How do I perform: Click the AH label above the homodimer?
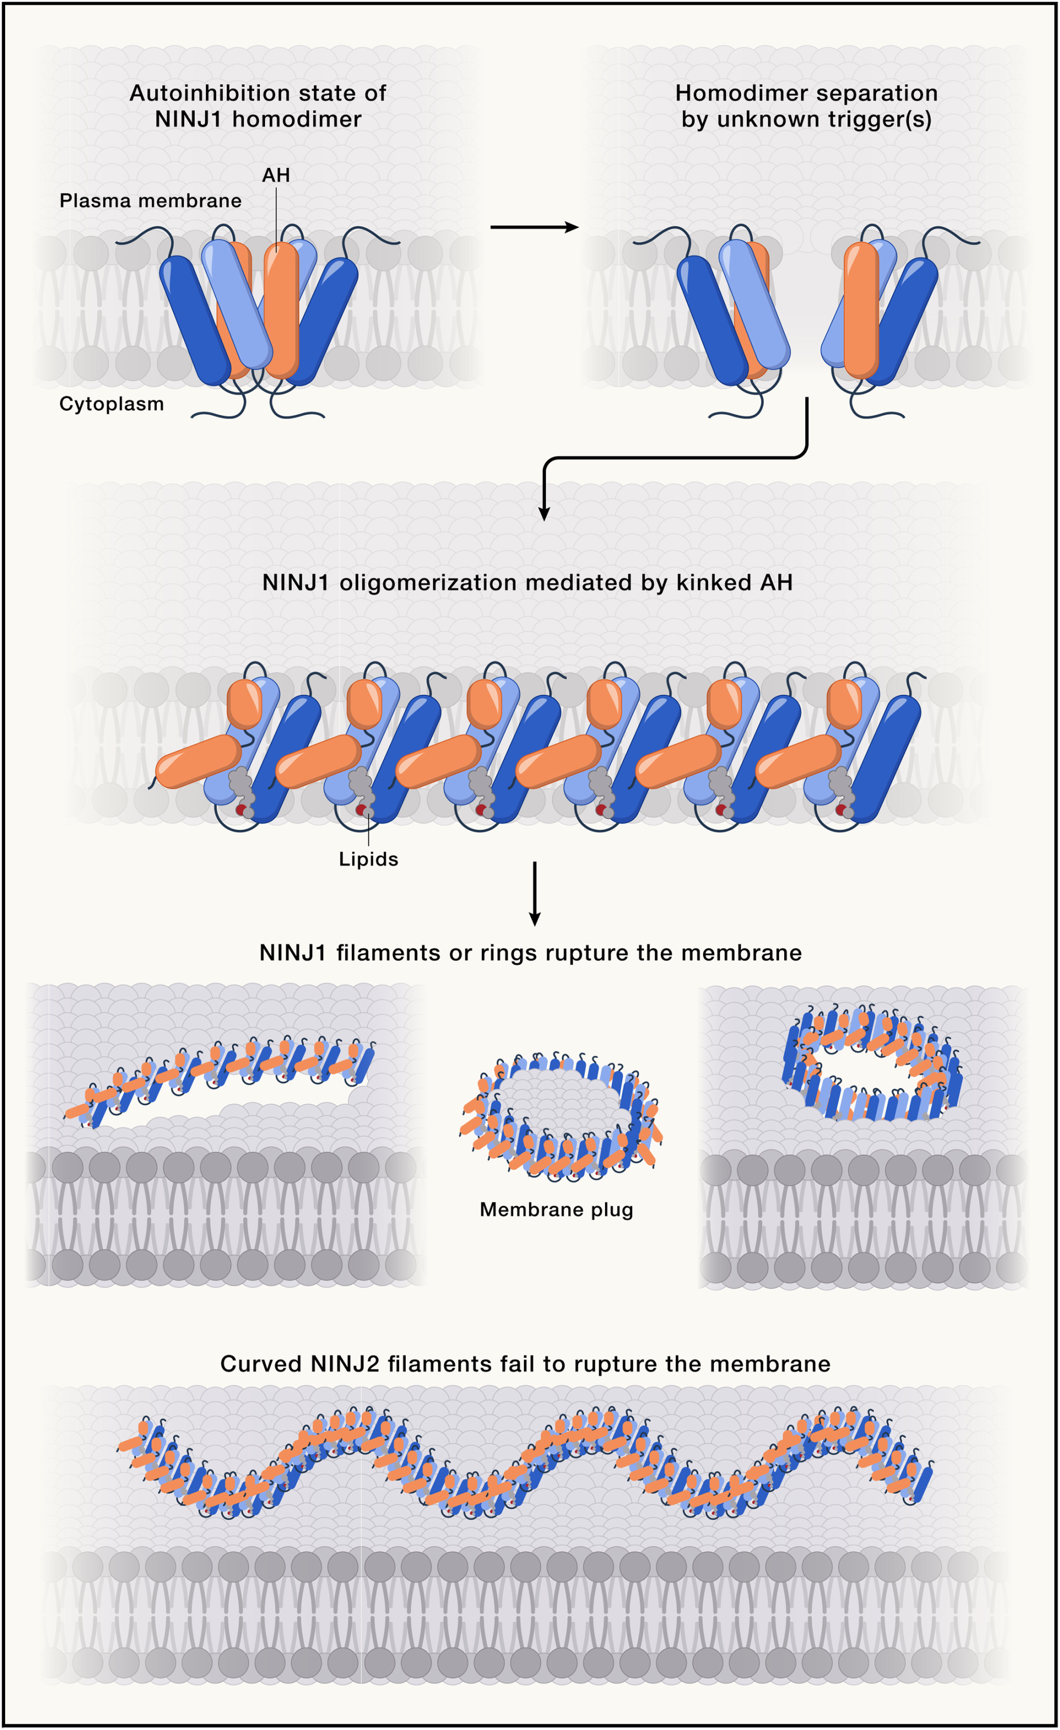(276, 175)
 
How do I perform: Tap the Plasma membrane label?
(150, 201)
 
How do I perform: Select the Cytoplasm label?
(112, 404)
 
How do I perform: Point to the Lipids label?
(369, 860)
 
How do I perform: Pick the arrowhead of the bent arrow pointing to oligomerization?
(544, 513)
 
